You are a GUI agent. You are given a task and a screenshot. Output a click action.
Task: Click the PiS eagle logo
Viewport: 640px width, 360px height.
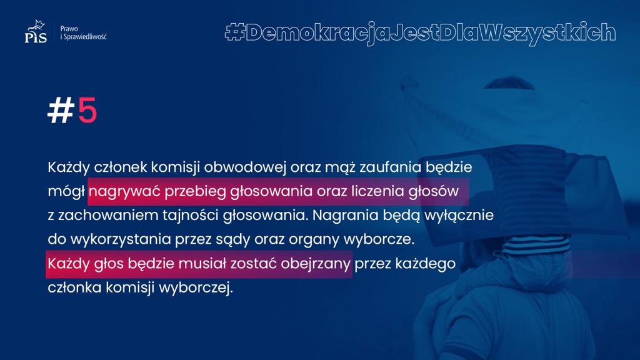coord(36,31)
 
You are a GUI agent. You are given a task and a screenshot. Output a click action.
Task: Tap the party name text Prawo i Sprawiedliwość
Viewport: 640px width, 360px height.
coord(83,32)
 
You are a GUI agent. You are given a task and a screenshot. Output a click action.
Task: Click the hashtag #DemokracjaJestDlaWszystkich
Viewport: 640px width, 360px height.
coord(421,32)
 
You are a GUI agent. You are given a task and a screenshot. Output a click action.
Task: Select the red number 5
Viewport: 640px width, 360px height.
coord(87,110)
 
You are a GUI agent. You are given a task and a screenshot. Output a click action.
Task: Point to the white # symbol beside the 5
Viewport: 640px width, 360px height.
coord(61,110)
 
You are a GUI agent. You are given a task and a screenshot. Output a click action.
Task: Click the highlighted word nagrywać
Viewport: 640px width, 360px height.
coord(124,191)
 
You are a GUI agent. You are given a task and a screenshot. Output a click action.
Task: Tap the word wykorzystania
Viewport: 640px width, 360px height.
coord(121,239)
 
